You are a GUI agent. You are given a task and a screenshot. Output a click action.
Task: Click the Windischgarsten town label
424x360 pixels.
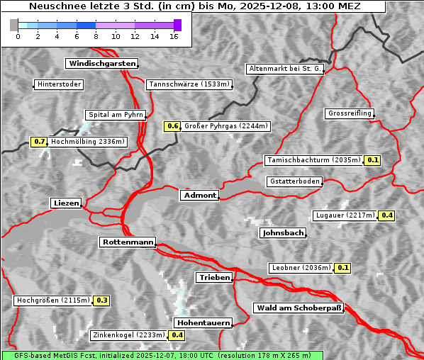[x=101, y=64]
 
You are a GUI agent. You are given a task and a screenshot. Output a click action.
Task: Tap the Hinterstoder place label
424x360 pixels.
[x=59, y=85]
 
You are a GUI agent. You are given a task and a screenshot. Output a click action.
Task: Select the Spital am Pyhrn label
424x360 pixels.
[x=116, y=115]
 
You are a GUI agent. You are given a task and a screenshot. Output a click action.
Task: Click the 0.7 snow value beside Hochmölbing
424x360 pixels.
[x=39, y=142]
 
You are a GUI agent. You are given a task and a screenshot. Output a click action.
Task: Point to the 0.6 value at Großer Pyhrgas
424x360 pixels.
[x=172, y=126]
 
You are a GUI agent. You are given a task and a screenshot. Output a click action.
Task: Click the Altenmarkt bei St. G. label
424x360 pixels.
[x=285, y=69]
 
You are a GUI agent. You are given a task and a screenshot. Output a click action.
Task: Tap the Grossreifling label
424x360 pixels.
[x=350, y=113]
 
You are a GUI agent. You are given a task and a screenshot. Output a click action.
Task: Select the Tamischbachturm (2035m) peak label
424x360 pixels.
[x=313, y=160]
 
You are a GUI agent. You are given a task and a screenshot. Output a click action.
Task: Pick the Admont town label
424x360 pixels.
[x=200, y=195]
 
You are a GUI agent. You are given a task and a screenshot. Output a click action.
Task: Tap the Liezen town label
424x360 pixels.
[x=67, y=203]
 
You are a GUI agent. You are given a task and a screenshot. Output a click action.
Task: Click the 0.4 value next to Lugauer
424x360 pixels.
[x=386, y=215]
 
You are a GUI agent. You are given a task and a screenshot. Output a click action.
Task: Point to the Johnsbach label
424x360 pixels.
[x=283, y=232]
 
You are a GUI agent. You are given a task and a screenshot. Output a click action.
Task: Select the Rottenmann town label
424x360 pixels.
[x=128, y=242]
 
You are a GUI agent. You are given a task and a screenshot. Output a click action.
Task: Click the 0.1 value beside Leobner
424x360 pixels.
[x=343, y=268]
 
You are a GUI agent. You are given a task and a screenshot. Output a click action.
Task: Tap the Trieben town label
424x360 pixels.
[x=214, y=277]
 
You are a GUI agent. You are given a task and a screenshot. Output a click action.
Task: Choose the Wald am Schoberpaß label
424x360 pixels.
[x=298, y=308]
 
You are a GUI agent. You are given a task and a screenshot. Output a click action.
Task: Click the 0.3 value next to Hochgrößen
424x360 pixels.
[x=101, y=300]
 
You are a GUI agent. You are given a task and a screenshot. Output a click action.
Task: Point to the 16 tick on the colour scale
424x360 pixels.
[x=174, y=36]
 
